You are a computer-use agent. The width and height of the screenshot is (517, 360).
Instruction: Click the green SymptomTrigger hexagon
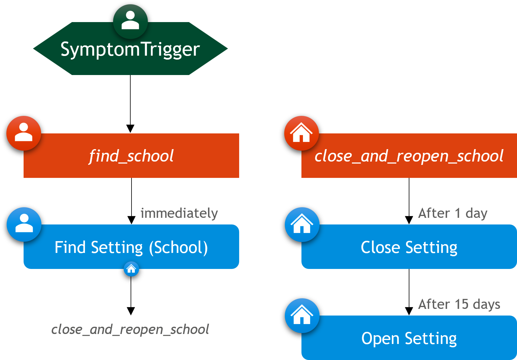pyautogui.click(x=130, y=49)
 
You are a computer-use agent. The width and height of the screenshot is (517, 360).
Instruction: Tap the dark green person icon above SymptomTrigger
pyautogui.click(x=130, y=21)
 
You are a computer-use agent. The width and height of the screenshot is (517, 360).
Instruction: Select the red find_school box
pyautogui.click(x=131, y=155)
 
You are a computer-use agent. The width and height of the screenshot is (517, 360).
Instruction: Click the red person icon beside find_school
pyautogui.click(x=24, y=133)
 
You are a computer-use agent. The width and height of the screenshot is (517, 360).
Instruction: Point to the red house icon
pyautogui.click(x=301, y=133)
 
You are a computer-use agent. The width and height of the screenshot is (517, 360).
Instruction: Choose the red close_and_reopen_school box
pyautogui.click(x=409, y=155)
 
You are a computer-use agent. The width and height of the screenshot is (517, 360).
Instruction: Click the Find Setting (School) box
pyautogui.click(x=131, y=247)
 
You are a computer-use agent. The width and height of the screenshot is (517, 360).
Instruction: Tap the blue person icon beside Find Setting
pyautogui.click(x=24, y=224)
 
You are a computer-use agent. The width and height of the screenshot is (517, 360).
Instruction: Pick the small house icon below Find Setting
pyautogui.click(x=131, y=269)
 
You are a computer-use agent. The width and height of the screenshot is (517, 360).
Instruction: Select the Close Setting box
pyautogui.click(x=409, y=247)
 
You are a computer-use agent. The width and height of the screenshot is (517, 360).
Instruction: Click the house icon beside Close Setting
pyautogui.click(x=302, y=224)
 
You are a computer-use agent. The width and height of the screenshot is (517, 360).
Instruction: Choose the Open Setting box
pyautogui.click(x=409, y=338)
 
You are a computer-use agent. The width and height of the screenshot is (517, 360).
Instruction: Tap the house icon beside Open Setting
pyautogui.click(x=302, y=316)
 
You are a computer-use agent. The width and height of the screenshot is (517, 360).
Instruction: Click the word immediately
pyautogui.click(x=179, y=213)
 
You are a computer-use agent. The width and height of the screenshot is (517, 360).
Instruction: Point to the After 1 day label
pyautogui.click(x=453, y=213)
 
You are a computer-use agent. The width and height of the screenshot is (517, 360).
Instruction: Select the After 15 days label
pyautogui.click(x=459, y=304)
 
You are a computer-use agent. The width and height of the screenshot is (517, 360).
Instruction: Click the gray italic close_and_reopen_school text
pyautogui.click(x=130, y=329)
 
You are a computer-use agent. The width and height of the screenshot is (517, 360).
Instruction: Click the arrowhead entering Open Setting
pyautogui.click(x=409, y=311)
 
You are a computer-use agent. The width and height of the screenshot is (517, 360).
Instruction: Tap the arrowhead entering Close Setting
pyautogui.click(x=409, y=220)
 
